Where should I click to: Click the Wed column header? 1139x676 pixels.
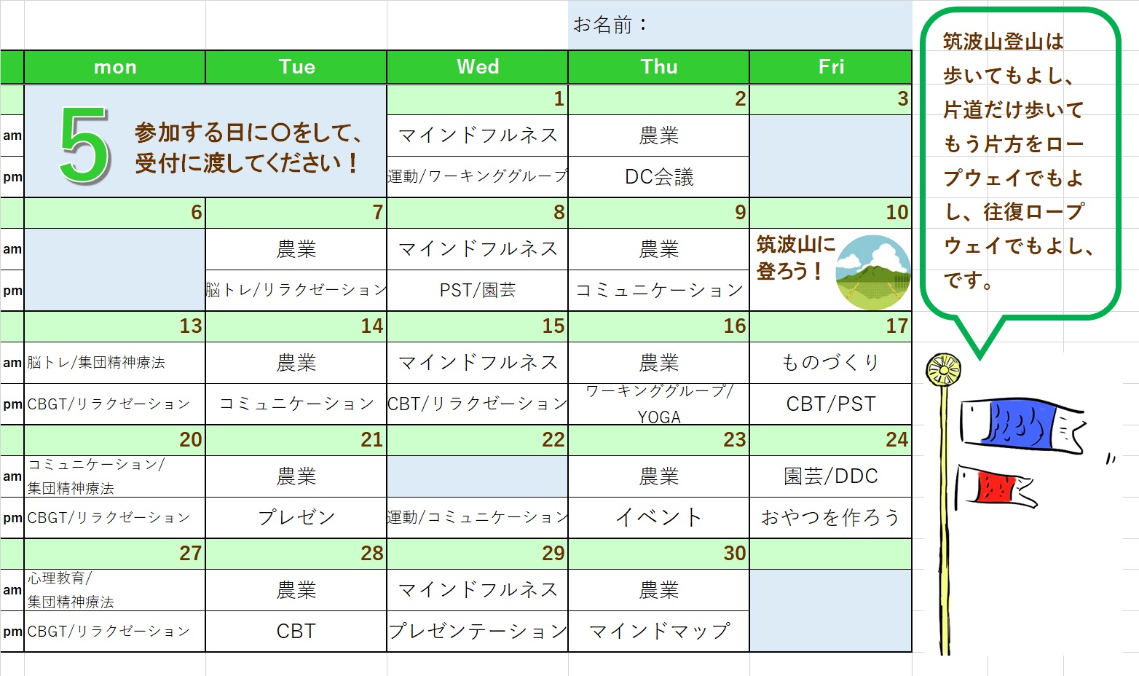478,66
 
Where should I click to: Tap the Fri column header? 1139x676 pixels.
831,66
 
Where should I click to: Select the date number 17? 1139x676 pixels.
896,326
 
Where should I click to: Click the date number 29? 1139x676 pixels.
553,554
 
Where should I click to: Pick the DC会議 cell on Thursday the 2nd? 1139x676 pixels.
658,176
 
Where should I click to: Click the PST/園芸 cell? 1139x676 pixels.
478,290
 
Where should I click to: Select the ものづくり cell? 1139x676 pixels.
831,363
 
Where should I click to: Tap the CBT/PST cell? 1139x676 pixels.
831,404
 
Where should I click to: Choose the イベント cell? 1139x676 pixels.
658,517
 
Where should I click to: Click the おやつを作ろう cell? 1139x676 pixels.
831,517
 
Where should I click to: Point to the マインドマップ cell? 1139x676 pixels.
658,632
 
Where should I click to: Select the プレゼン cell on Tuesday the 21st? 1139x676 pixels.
296,517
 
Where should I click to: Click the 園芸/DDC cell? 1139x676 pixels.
831,476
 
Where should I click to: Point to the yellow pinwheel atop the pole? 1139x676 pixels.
943,369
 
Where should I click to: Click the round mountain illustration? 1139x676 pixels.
873,272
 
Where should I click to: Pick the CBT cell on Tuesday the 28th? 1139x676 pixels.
296,632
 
